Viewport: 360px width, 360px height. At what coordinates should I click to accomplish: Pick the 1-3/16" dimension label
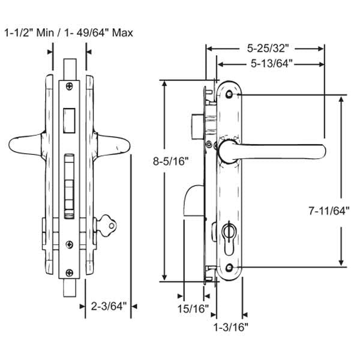coord(231,327)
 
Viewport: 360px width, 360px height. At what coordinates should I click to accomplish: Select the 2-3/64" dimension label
coord(110,307)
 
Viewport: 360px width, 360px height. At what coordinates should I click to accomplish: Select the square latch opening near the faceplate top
coord(69,118)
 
